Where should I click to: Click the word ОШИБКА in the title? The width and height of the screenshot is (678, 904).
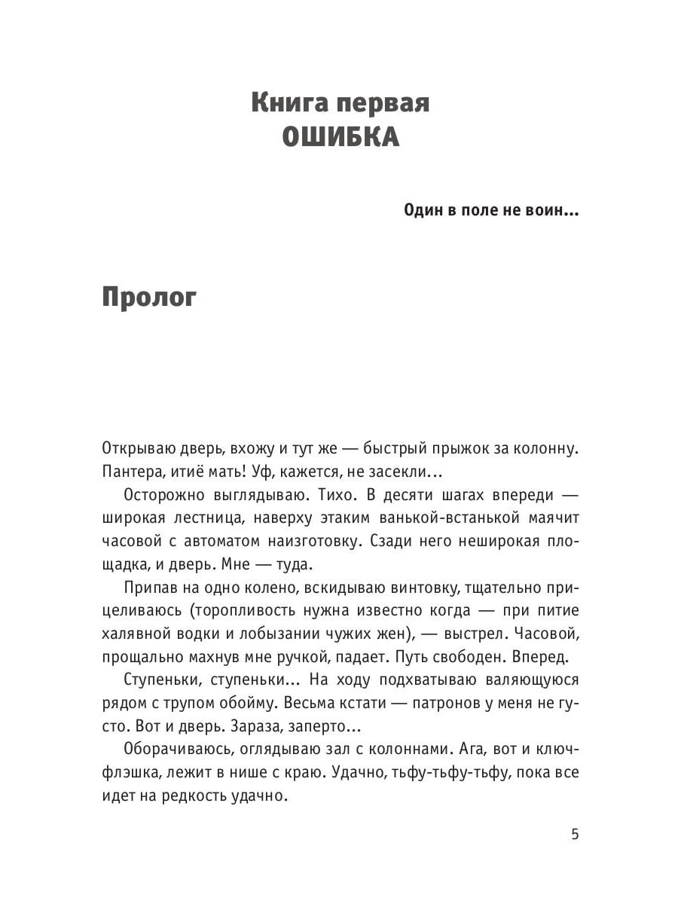340,138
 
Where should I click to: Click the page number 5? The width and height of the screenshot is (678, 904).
575,834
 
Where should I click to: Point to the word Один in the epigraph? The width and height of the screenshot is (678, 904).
423,210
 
